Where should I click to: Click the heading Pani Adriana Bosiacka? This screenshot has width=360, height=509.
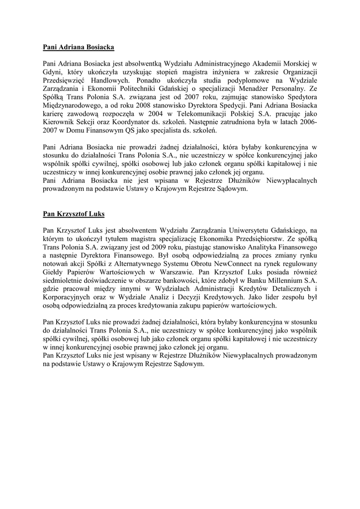point(79,48)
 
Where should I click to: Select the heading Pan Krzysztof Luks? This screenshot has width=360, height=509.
point(74,214)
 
